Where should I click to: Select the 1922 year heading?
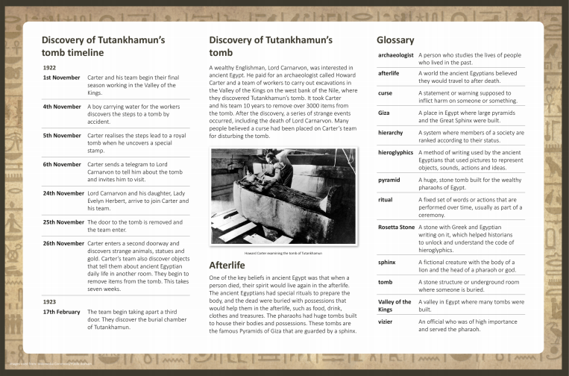(x=50, y=66)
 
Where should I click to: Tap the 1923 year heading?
(x=50, y=301)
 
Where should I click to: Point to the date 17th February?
(x=61, y=312)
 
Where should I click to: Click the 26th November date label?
(x=63, y=243)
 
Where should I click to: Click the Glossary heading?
(x=395, y=40)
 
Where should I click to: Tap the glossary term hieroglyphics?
(x=395, y=153)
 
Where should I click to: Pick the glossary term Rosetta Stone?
(x=396, y=227)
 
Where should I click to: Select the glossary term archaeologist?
(x=396, y=55)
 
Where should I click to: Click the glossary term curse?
(x=386, y=93)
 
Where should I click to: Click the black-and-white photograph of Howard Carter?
(x=283, y=196)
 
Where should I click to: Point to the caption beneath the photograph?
(x=283, y=253)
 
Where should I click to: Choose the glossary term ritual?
(x=386, y=200)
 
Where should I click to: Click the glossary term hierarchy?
(x=391, y=133)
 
